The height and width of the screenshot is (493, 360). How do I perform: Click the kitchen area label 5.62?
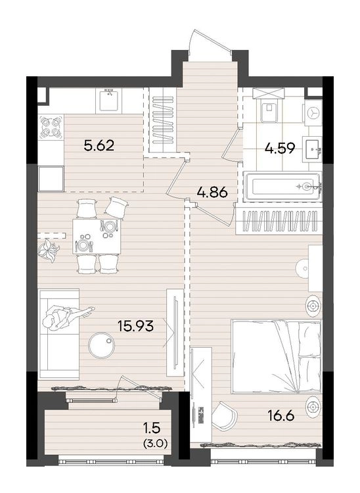pyautogui.click(x=99, y=146)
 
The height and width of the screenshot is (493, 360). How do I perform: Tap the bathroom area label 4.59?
pyautogui.click(x=280, y=148)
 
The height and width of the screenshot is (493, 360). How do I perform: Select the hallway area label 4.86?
pyautogui.click(x=212, y=192)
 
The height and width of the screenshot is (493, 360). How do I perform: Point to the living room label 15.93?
pyautogui.click(x=136, y=326)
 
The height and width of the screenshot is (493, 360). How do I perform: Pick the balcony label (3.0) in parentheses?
pyautogui.click(x=155, y=444)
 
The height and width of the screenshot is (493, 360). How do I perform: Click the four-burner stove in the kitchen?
pyautogui.click(x=51, y=128)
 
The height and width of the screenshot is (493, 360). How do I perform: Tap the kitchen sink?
pyautogui.click(x=110, y=100)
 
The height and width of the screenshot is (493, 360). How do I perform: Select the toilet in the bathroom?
pyautogui.click(x=269, y=111)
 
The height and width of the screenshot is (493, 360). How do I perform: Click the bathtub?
pyautogui.click(x=283, y=186)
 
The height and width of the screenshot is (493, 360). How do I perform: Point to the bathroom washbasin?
pyautogui.click(x=312, y=150)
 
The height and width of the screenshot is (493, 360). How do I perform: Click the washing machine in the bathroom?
pyautogui.click(x=313, y=112)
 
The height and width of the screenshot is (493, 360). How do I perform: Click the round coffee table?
pyautogui.click(x=101, y=345)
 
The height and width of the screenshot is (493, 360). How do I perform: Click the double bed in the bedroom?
pyautogui.click(x=276, y=356)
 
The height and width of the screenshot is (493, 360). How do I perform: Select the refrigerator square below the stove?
pyautogui.click(x=51, y=179)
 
